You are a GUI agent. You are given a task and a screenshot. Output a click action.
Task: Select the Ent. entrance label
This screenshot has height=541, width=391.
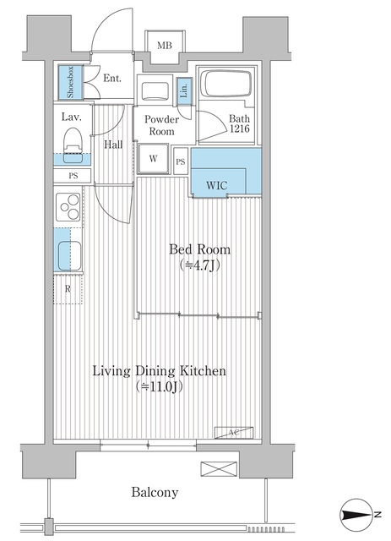pyautogui.click(x=112, y=79)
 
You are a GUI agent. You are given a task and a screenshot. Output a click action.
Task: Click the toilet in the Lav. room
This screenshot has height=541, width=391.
pyautogui.click(x=72, y=139)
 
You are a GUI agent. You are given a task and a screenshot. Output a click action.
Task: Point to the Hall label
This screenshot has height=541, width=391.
pyautogui.click(x=113, y=145)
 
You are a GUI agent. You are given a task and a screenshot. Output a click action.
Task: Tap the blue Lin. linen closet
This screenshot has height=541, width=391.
pyautogui.click(x=184, y=90)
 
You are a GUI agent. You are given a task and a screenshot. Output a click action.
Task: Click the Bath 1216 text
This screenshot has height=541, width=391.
pyautogui.click(x=240, y=125)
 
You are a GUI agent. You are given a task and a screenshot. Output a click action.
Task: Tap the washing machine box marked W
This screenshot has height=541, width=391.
pyautogui.click(x=154, y=158)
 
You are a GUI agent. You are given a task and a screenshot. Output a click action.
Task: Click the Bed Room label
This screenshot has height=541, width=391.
pyautogui.click(x=199, y=249)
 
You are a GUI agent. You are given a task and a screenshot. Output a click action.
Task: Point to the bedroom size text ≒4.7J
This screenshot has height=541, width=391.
pyautogui.click(x=199, y=265)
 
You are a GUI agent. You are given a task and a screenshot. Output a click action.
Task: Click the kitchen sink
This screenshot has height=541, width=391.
pyautogui.click(x=69, y=253)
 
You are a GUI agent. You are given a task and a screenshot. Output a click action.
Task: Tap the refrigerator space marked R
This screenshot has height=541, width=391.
pyautogui.click(x=68, y=287)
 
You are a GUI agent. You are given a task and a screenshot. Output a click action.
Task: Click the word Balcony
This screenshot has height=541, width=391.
pyautogui.click(x=154, y=492)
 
